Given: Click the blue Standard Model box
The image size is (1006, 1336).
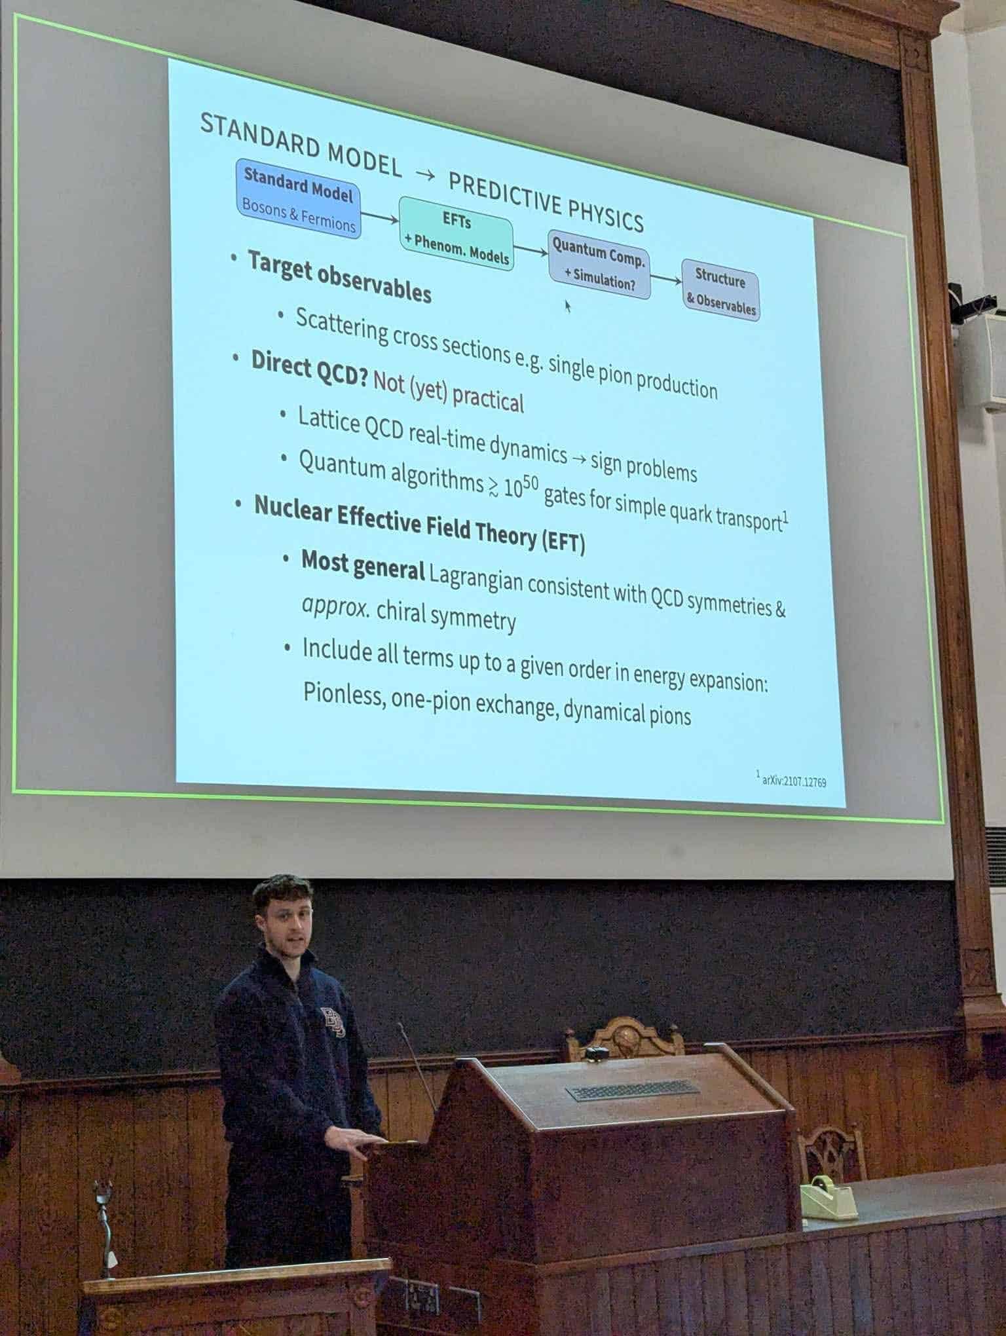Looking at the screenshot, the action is (299, 198).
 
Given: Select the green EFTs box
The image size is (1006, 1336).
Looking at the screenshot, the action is (456, 233).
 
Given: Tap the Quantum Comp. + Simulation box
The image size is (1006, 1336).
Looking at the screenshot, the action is (599, 265).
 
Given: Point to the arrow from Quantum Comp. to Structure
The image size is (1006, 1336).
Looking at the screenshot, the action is (667, 279).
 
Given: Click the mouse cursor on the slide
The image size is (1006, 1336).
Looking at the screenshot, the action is (568, 305).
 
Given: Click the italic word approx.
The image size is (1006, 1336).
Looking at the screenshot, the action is (335, 606).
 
